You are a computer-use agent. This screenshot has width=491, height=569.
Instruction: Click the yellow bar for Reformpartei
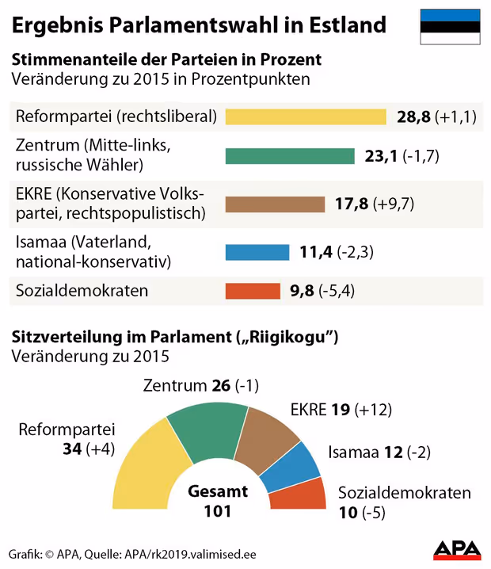[306, 117]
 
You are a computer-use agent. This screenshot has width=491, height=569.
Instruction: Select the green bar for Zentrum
[290, 155]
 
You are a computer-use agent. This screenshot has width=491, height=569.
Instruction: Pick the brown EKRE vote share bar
[275, 204]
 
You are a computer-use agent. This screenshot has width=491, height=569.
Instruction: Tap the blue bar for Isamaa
[258, 253]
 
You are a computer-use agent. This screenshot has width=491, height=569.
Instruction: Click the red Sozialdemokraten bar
[253, 291]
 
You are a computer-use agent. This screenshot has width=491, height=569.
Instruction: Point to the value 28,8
[413, 117]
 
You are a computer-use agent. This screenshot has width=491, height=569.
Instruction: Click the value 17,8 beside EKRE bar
[352, 204]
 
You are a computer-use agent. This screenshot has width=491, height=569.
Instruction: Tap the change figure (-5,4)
[337, 291]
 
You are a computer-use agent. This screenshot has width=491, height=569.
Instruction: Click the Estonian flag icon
[449, 26]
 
